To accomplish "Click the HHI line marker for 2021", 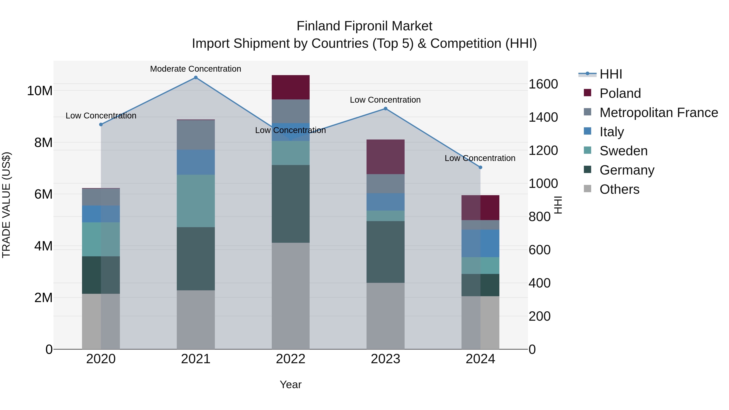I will (x=196, y=78).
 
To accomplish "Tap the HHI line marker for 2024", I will (x=480, y=167).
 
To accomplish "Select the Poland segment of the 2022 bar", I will (x=290, y=87).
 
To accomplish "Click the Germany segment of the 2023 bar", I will (x=385, y=252).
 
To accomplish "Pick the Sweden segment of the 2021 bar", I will (x=196, y=201).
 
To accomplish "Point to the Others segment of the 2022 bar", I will (x=290, y=296).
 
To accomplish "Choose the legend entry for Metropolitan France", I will (x=658, y=113).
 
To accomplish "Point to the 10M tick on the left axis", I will (x=40, y=91).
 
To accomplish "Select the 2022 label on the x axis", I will (x=290, y=359).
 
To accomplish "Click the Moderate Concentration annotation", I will (x=196, y=69).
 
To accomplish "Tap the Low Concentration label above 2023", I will (x=385, y=100).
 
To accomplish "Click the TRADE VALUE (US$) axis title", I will (x=6, y=205).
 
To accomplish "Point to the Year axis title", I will (x=290, y=384).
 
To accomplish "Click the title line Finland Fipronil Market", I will (x=364, y=26).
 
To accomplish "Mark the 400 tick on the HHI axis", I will (x=539, y=283).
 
